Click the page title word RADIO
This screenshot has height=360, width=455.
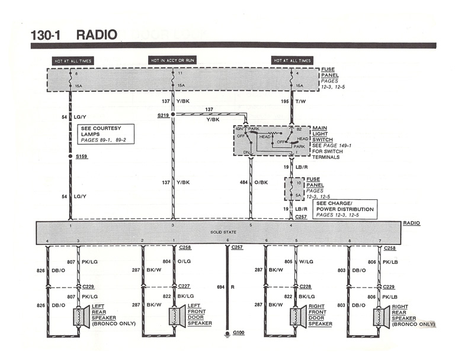tap(97, 34)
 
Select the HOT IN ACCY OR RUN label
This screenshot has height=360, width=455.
tap(172, 60)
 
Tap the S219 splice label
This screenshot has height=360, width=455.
tap(164, 114)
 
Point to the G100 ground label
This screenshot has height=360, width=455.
tap(239, 333)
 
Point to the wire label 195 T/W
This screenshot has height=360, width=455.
tap(291, 101)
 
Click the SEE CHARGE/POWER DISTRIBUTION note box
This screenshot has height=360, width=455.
tap(344, 209)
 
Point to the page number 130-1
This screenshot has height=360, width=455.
tap(48, 34)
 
